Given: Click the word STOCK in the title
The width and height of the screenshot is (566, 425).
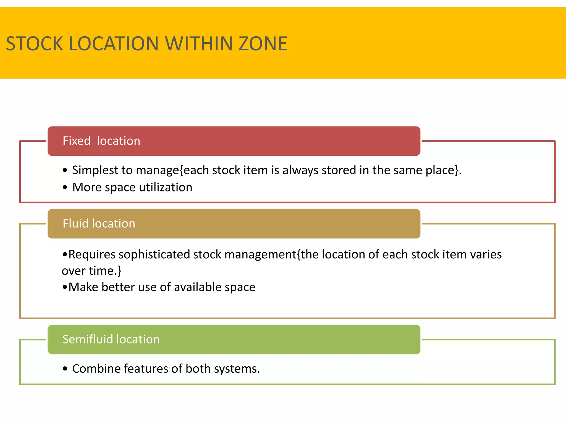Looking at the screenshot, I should [35, 44].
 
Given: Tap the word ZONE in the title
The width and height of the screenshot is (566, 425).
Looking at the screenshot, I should [263, 44].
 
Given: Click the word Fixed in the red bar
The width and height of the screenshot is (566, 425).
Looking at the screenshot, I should [77, 141].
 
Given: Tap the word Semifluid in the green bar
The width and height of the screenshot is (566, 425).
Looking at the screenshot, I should [87, 340].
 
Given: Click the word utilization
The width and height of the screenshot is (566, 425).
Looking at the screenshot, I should [166, 187].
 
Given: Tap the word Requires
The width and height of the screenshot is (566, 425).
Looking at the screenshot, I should [92, 255].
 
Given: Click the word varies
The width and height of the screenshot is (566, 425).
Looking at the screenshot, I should [486, 255].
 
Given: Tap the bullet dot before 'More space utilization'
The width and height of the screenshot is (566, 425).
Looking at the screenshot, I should [65, 188].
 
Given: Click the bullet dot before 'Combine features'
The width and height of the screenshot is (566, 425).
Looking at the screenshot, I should [65, 369].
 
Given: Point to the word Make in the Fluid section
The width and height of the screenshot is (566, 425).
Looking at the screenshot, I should [83, 287].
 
